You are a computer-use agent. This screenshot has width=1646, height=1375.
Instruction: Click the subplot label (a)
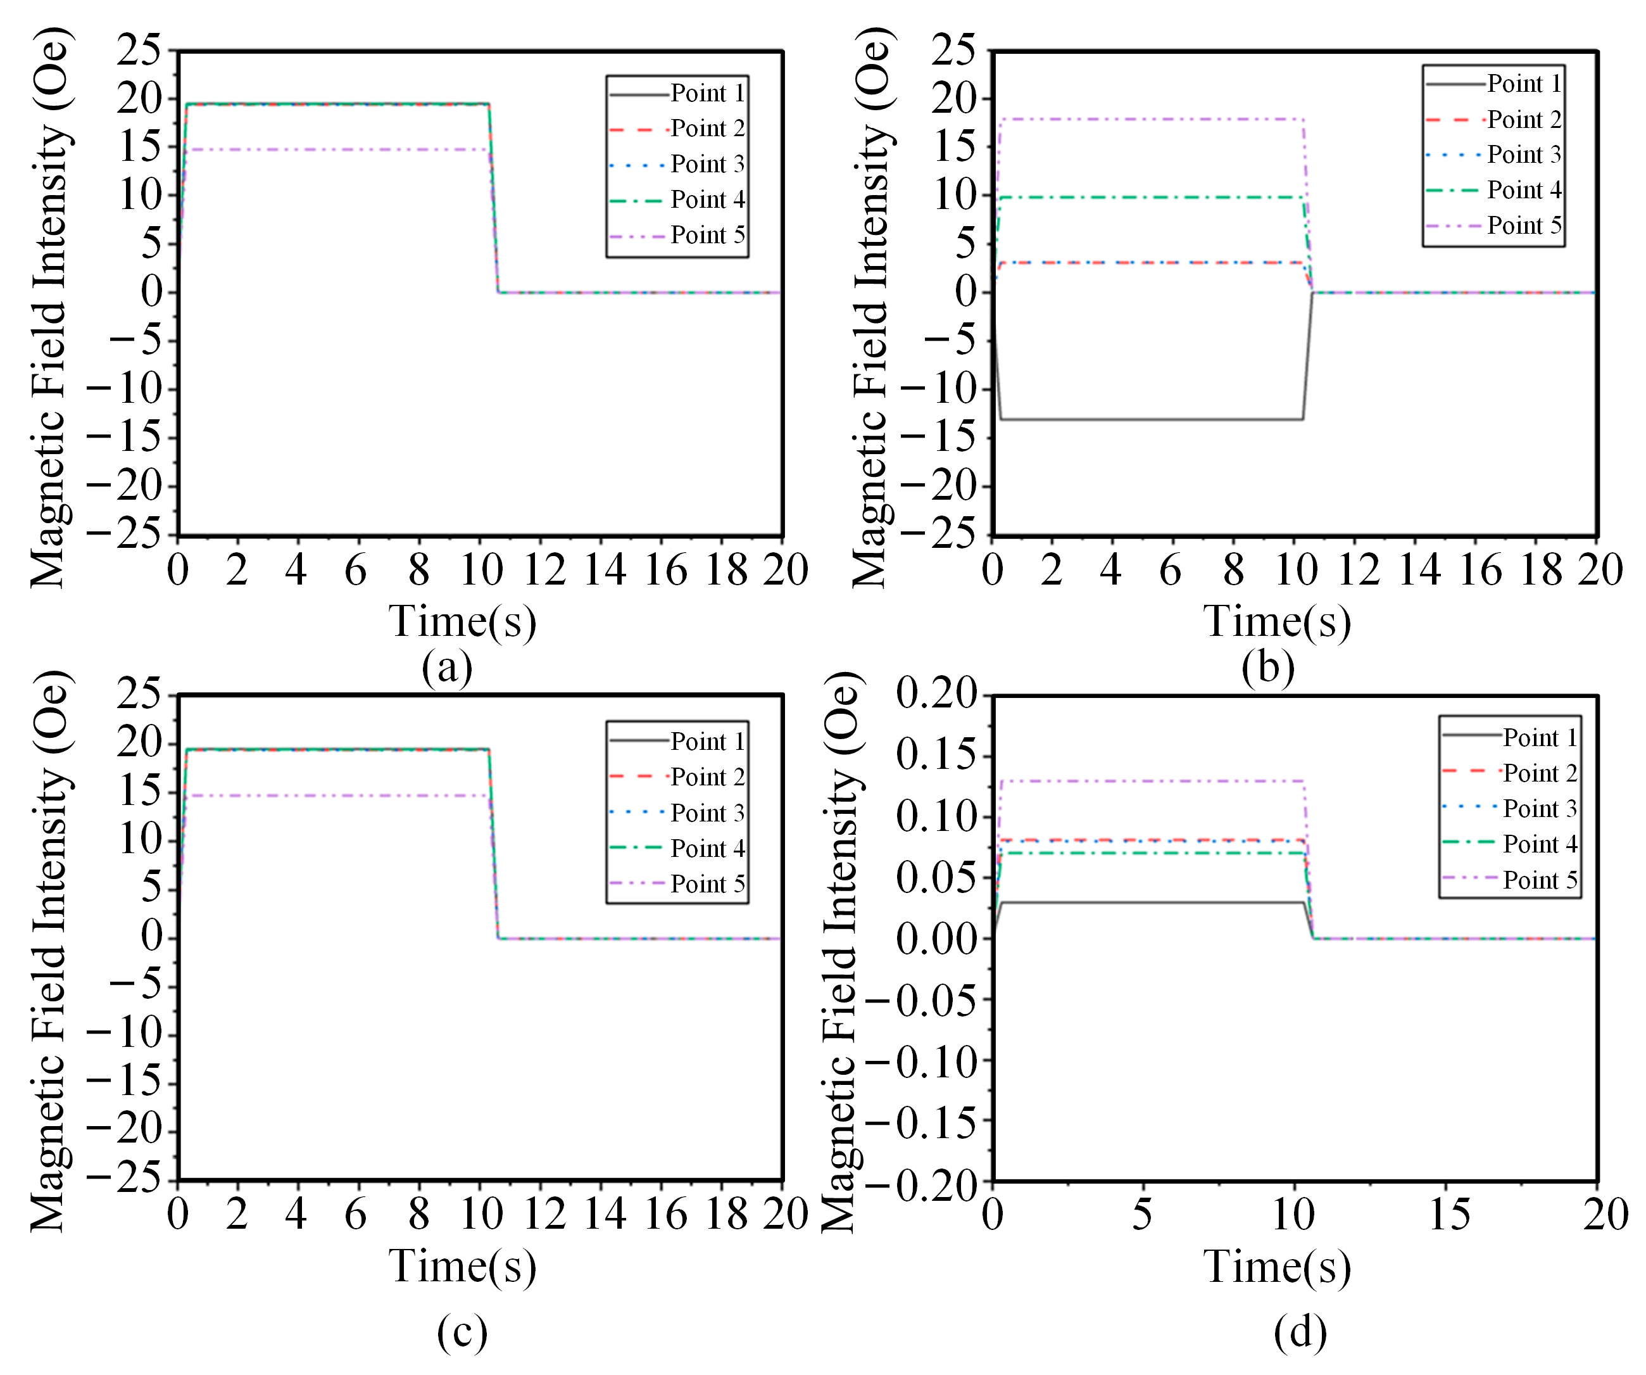click(447, 668)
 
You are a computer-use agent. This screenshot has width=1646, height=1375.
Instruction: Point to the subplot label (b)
click(1267, 668)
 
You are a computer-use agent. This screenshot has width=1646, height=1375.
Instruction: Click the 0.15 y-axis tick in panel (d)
click(937, 756)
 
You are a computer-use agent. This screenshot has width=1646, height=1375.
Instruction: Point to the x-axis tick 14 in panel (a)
click(605, 570)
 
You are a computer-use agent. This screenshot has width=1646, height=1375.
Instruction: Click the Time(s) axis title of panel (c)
click(462, 1267)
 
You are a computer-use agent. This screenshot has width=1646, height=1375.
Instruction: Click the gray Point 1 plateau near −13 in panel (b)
click(1152, 419)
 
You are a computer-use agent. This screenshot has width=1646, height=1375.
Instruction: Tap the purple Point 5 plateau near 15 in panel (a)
click(337, 149)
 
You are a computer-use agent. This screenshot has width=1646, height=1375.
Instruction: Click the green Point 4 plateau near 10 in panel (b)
click(1152, 198)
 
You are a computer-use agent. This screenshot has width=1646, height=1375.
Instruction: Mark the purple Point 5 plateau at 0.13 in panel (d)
click(1152, 781)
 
